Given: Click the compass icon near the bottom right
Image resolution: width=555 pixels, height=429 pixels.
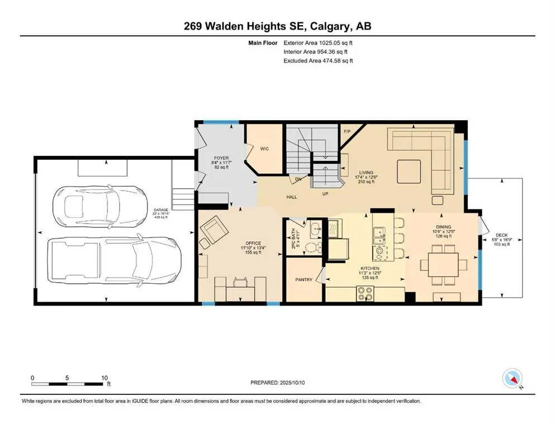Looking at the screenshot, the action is (512, 378).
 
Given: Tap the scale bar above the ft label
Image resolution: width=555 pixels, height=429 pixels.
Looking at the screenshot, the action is (67, 384).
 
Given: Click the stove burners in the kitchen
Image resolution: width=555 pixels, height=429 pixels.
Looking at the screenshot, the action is (365, 293).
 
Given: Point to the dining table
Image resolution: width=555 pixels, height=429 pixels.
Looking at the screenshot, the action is (443, 265).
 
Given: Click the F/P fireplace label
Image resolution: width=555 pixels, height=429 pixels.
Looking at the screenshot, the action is (347, 132).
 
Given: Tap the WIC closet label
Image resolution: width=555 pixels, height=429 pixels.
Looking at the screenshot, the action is (264, 149).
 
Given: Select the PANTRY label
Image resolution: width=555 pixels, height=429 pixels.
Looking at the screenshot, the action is (304, 279).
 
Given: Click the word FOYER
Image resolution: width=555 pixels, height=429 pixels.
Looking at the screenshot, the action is (221, 158).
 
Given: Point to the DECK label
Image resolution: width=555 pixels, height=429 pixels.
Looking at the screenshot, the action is (501, 235).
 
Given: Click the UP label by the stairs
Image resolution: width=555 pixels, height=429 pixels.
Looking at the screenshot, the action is (325, 193).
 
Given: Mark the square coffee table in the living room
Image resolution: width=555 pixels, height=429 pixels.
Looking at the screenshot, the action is (409, 171).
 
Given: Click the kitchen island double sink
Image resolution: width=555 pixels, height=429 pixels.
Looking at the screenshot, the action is (379, 236).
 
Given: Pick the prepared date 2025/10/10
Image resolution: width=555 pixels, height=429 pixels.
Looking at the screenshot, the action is (292, 383).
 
